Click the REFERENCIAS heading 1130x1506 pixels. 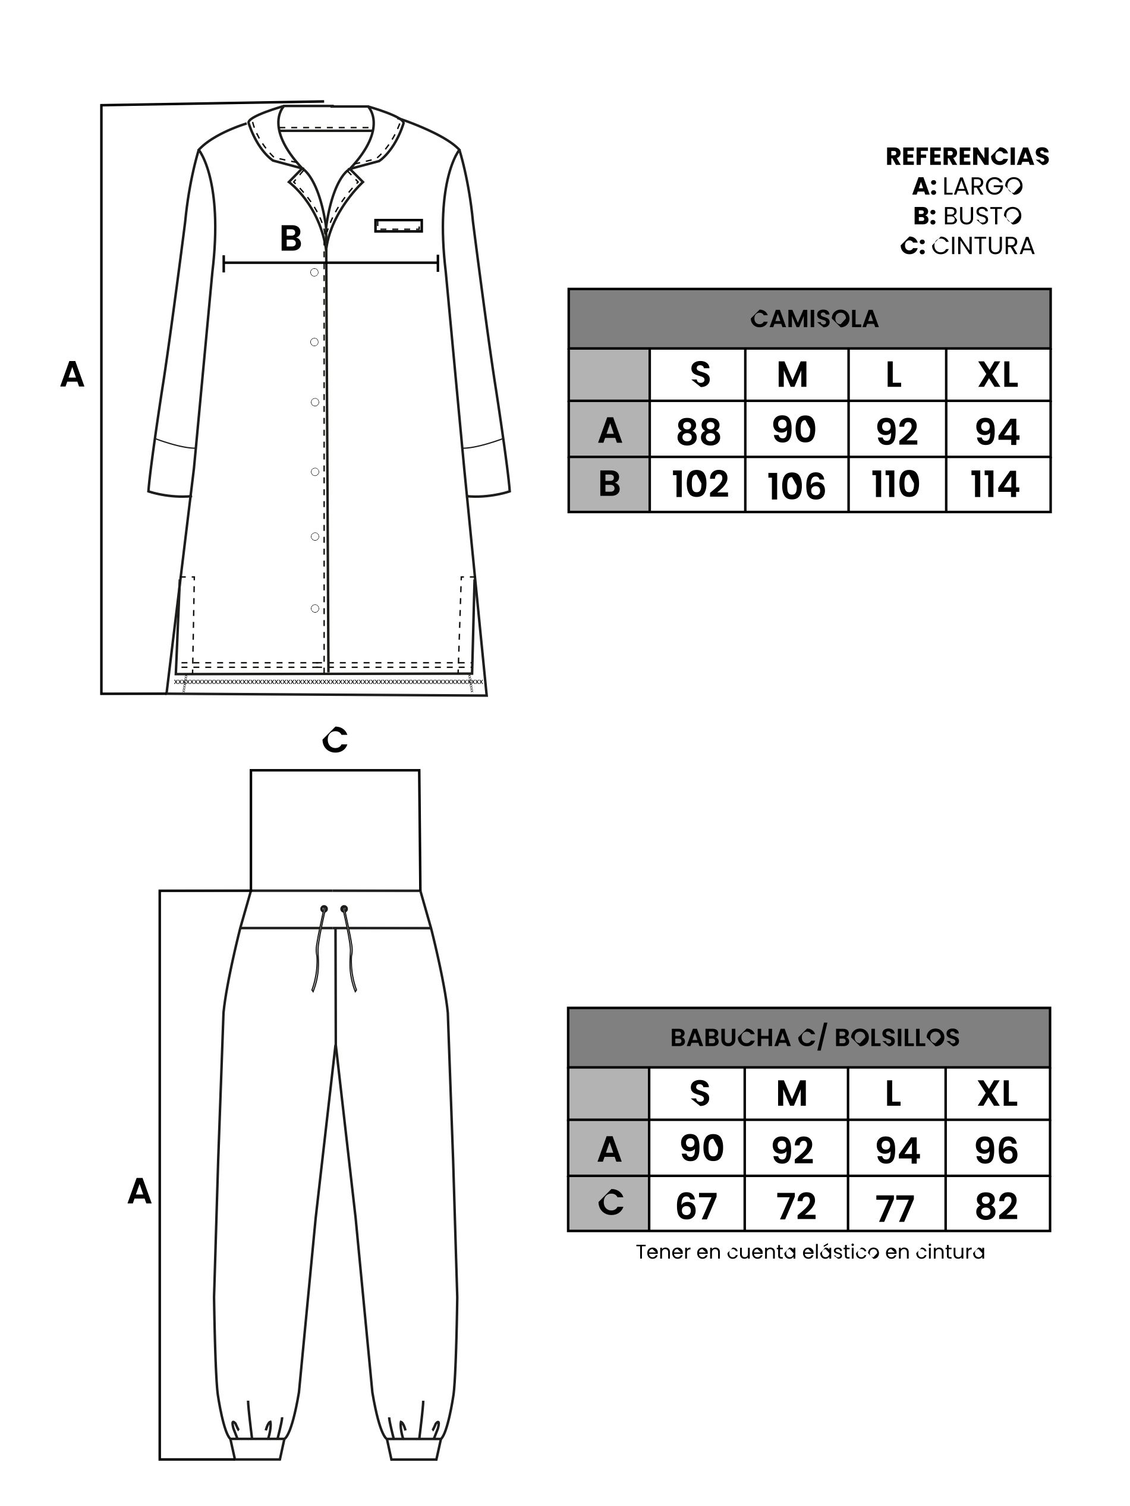tap(967, 156)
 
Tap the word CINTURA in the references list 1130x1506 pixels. tap(983, 246)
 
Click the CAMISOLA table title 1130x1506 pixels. tap(814, 319)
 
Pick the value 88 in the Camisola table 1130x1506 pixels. tap(698, 432)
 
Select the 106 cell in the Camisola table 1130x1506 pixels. tap(797, 486)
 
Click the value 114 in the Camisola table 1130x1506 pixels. tap(995, 485)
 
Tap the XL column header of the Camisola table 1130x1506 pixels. tap(998, 375)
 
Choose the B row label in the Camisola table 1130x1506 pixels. tap(609, 484)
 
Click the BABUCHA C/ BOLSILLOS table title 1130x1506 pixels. tap(814, 1037)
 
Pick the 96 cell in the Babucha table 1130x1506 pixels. tap(997, 1150)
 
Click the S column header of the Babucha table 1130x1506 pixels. tap(700, 1093)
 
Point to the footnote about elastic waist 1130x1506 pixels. tap(810, 1252)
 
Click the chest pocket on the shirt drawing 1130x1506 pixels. tap(399, 225)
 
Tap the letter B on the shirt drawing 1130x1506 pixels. tap(291, 239)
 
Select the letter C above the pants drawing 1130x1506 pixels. tap(335, 740)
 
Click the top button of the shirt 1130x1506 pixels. tap(314, 272)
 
